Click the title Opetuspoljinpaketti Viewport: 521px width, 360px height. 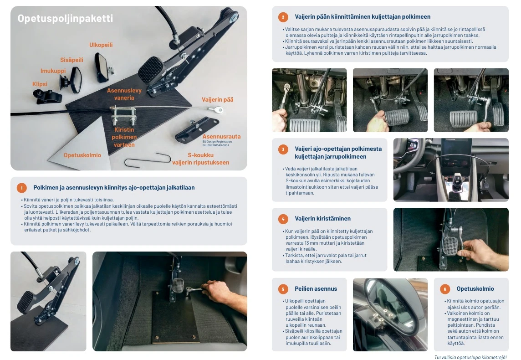click(65, 18)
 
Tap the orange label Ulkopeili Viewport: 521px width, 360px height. click(101, 45)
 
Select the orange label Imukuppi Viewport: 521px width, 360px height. click(53, 71)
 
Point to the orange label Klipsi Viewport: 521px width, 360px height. click(40, 84)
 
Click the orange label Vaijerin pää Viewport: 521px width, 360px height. click(217, 99)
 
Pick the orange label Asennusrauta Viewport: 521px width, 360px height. click(221, 136)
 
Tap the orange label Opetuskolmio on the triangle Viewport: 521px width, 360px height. click(82, 155)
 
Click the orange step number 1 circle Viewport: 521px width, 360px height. click(22, 188)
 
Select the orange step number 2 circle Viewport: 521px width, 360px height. click(283, 17)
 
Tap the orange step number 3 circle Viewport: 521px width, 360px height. click(283, 149)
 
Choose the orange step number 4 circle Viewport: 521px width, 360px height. click(283, 219)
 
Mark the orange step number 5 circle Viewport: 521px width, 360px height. click(283, 289)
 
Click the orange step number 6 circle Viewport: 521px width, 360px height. click(445, 289)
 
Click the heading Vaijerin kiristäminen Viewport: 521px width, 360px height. click(322, 218)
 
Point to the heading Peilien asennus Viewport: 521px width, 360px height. click(316, 288)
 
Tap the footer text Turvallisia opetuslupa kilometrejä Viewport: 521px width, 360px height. click(470, 357)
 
